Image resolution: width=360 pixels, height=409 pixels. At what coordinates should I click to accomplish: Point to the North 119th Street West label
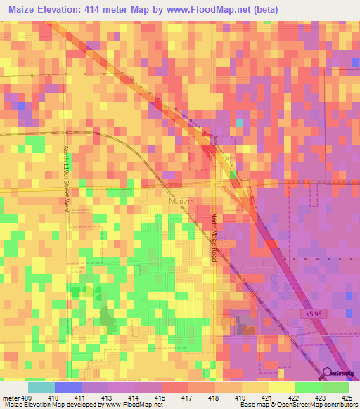click(x=67, y=178)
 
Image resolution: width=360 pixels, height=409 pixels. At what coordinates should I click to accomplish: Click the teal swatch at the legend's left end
click(x=41, y=387)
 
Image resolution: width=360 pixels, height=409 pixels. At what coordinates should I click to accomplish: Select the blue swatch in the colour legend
click(x=68, y=387)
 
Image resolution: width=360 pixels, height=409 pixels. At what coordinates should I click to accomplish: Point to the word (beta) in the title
click(x=267, y=10)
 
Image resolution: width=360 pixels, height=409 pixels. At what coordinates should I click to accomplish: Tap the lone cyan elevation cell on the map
click(x=240, y=123)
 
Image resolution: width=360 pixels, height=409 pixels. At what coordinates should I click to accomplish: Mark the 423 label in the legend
click(x=319, y=397)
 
